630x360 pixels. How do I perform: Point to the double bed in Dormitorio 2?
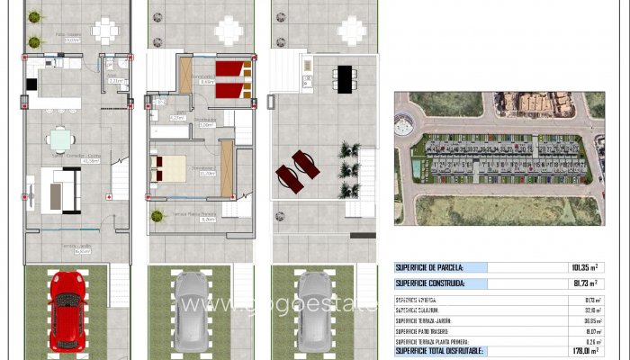coord(172,166)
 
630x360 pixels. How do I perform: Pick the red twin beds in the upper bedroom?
coord(233,77)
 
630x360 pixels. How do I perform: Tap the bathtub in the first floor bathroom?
coord(169,130)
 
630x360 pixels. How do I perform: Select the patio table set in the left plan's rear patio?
coord(104,30)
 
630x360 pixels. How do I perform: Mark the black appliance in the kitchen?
coord(31,84)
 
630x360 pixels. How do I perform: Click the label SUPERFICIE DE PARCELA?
coord(441,267)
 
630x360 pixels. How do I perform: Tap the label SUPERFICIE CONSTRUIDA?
coord(441,283)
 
